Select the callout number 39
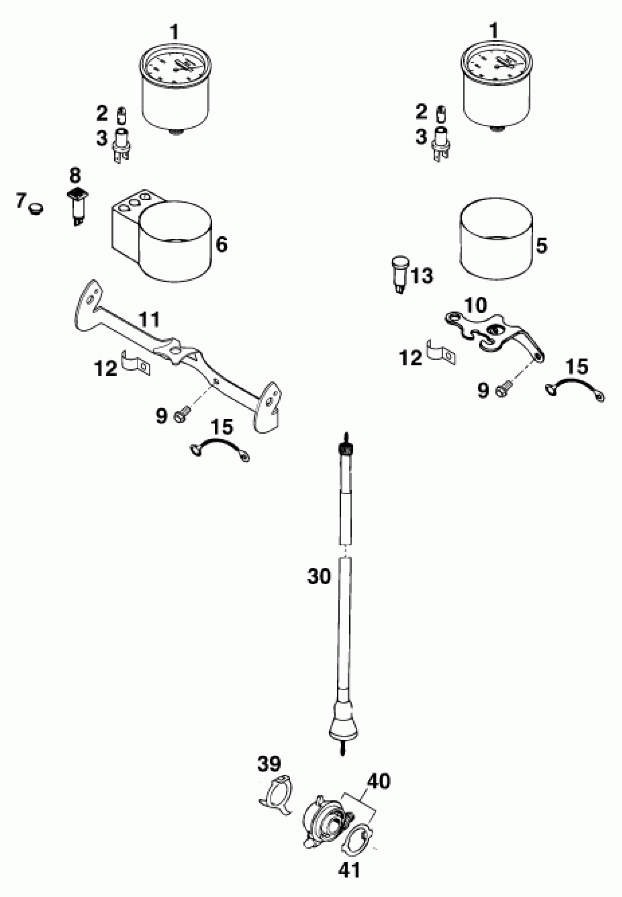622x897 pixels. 269,764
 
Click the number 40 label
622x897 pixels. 378,781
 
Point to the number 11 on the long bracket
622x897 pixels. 150,319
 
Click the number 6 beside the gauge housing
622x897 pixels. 221,245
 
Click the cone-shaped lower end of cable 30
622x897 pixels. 343,724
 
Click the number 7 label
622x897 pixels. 20,201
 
